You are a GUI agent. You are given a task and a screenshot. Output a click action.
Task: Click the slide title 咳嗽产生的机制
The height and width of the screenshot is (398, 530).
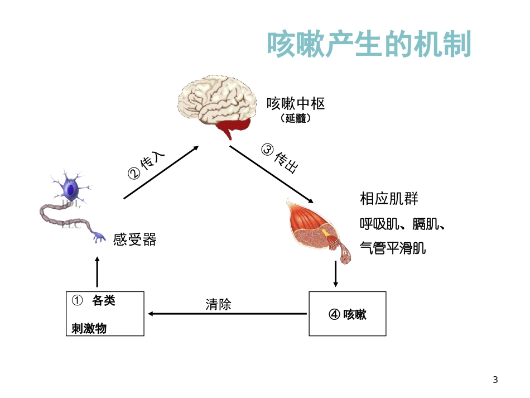[x=369, y=44]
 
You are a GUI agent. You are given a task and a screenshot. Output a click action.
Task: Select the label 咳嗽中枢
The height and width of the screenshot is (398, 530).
[x=296, y=104]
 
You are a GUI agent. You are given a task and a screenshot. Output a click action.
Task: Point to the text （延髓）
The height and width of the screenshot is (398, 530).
[x=296, y=119]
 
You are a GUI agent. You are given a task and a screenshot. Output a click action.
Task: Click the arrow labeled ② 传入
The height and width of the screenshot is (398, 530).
[x=161, y=172]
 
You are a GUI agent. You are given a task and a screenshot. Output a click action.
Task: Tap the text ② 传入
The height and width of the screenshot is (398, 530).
[x=147, y=165]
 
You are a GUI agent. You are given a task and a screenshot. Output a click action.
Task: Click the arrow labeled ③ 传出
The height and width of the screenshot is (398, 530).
[x=271, y=174]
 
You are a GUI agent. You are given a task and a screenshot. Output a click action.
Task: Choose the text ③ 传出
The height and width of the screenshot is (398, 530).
[x=280, y=159]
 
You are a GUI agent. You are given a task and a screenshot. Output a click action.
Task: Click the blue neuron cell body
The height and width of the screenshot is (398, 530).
[x=71, y=187]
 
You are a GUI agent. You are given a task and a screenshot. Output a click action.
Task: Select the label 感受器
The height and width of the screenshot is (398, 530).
[x=134, y=240]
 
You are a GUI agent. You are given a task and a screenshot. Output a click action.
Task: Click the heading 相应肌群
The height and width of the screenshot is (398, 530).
[x=389, y=199]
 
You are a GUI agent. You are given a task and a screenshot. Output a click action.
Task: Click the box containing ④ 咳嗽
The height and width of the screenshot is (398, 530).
[x=347, y=314]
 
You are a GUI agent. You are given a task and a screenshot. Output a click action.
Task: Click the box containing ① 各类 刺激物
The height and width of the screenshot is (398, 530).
[x=104, y=314]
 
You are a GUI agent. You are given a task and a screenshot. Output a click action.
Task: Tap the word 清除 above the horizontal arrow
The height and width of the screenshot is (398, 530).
[x=218, y=304]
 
